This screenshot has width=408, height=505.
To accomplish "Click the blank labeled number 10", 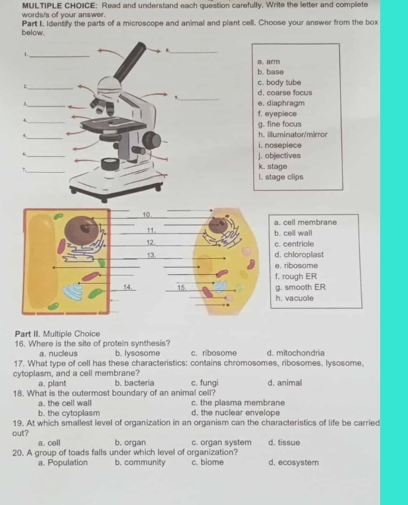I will coord(147,214).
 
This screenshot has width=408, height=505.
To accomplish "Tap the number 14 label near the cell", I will coord(128,287).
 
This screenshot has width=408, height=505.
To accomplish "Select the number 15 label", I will coord(181,287).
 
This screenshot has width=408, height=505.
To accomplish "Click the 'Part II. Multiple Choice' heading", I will coord(60,333).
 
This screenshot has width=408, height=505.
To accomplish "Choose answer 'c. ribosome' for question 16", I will coord(214,354).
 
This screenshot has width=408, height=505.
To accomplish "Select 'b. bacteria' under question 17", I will coord(135,383).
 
